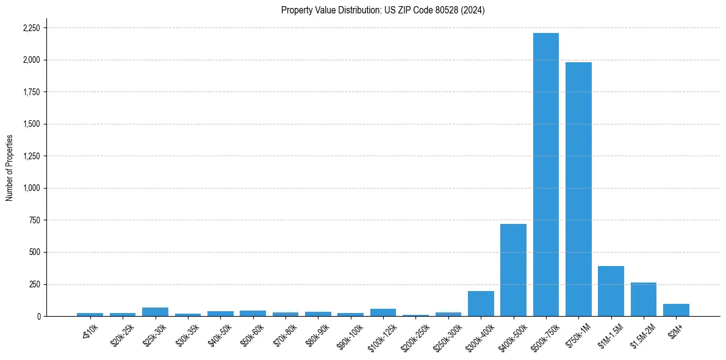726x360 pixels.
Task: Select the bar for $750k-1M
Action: tap(578, 189)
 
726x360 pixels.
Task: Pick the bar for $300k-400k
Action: tap(481, 304)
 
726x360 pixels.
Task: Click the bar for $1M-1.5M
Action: tap(611, 291)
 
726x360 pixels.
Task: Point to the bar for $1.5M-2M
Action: tap(644, 300)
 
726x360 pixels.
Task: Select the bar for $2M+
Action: tap(676, 310)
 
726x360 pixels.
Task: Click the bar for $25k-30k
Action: tap(155, 312)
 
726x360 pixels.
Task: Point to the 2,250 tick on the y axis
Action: tap(32, 28)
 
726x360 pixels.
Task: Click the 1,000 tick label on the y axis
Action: tap(32, 189)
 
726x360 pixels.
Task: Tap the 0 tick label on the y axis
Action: tap(38, 317)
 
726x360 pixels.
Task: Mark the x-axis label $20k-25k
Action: tap(122, 335)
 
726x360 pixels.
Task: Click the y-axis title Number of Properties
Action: tap(10, 168)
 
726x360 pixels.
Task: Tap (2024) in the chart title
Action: tap(473, 10)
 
